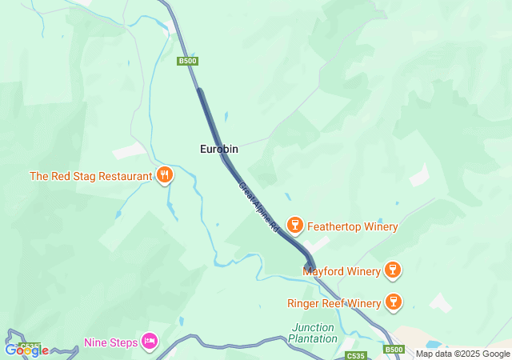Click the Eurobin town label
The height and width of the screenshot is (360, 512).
219,149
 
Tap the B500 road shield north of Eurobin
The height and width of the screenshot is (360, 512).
187,61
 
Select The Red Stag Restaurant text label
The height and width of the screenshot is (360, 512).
90,176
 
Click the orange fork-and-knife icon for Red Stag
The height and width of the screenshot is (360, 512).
165,175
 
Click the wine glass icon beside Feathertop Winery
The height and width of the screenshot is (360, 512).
294,226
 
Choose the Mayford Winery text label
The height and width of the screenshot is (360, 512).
342,271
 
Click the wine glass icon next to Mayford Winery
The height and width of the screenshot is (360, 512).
392,270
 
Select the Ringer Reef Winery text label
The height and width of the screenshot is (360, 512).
334,303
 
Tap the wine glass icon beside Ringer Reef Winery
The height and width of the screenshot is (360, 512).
393,302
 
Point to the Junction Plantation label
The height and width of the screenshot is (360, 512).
314,333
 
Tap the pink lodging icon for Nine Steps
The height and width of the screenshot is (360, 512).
149,342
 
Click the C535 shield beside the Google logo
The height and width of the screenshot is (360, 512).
30,347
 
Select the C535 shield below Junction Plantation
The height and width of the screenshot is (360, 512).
355,354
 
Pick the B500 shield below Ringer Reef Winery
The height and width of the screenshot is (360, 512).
393,350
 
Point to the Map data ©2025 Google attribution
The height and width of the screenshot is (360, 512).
462,354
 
